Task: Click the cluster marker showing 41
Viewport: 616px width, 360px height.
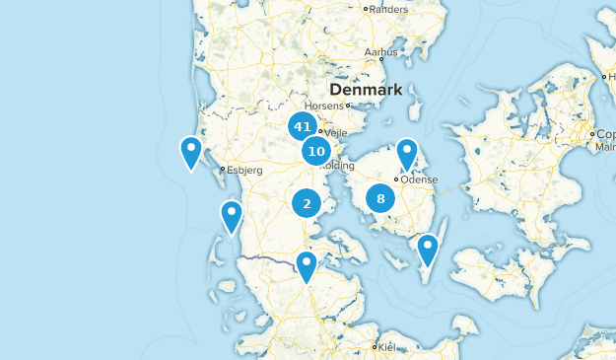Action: tap(302, 127)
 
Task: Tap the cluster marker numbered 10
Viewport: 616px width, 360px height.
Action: tap(316, 152)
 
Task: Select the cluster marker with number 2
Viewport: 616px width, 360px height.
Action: tap(307, 203)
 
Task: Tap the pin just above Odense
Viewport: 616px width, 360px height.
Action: tap(407, 154)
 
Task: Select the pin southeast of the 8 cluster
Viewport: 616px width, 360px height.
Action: tap(428, 250)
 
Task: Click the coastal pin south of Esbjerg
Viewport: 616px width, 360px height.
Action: tap(232, 216)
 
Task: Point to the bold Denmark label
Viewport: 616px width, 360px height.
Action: tap(368, 90)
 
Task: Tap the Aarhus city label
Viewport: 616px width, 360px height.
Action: tap(379, 51)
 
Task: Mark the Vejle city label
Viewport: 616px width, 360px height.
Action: tap(338, 130)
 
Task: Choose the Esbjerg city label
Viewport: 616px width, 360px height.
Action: tap(245, 170)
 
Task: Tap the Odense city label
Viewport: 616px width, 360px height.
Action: tap(418, 180)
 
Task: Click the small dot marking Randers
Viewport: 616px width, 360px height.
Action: tap(366, 9)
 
